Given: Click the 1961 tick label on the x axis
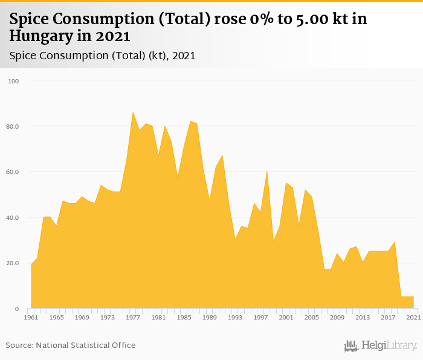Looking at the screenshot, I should (31, 317).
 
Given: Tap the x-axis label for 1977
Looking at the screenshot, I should (133, 317).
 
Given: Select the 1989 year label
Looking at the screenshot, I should (210, 317).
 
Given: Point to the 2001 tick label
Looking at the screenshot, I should (286, 317).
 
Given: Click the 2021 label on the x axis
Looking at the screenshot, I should (413, 317).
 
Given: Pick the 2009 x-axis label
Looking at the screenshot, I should (337, 317).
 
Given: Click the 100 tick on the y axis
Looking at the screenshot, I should (14, 81).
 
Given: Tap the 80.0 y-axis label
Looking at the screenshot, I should (13, 126).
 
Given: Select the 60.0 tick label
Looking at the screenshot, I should (13, 172).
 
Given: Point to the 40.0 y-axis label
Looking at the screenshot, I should (13, 217).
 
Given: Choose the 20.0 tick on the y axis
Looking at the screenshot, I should (13, 263).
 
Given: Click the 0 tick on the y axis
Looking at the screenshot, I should (18, 309).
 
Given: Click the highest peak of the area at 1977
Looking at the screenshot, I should (133, 112).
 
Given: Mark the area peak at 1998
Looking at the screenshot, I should (267, 172).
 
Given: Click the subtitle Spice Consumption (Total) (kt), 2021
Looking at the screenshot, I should (102, 56).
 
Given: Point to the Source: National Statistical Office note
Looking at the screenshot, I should (71, 345).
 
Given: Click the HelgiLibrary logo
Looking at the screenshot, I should (381, 346).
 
